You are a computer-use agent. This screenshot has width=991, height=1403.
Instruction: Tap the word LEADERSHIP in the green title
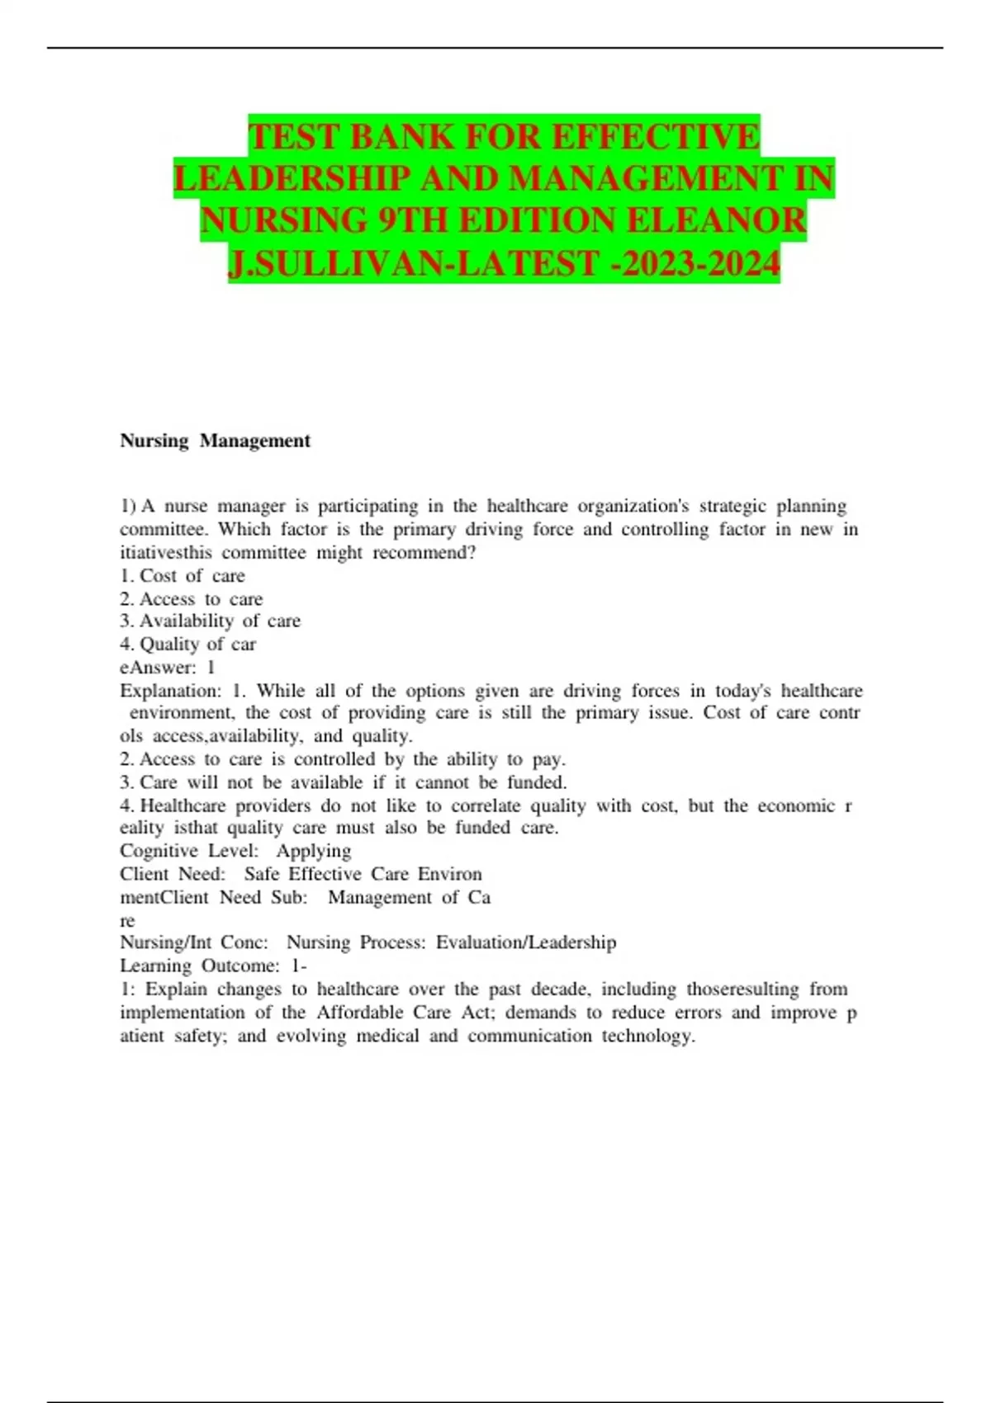point(292,179)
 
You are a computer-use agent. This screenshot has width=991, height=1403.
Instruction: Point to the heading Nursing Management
point(215,441)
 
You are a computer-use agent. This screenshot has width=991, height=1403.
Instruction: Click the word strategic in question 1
point(733,506)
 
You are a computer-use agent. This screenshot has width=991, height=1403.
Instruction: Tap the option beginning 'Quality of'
point(197,644)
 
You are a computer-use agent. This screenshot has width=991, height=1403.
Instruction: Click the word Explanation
point(170,691)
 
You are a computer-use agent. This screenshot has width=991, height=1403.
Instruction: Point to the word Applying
point(314,851)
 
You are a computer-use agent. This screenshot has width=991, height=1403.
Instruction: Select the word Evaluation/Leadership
point(526,942)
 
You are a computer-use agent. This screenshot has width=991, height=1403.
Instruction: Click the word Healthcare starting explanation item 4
point(183,805)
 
